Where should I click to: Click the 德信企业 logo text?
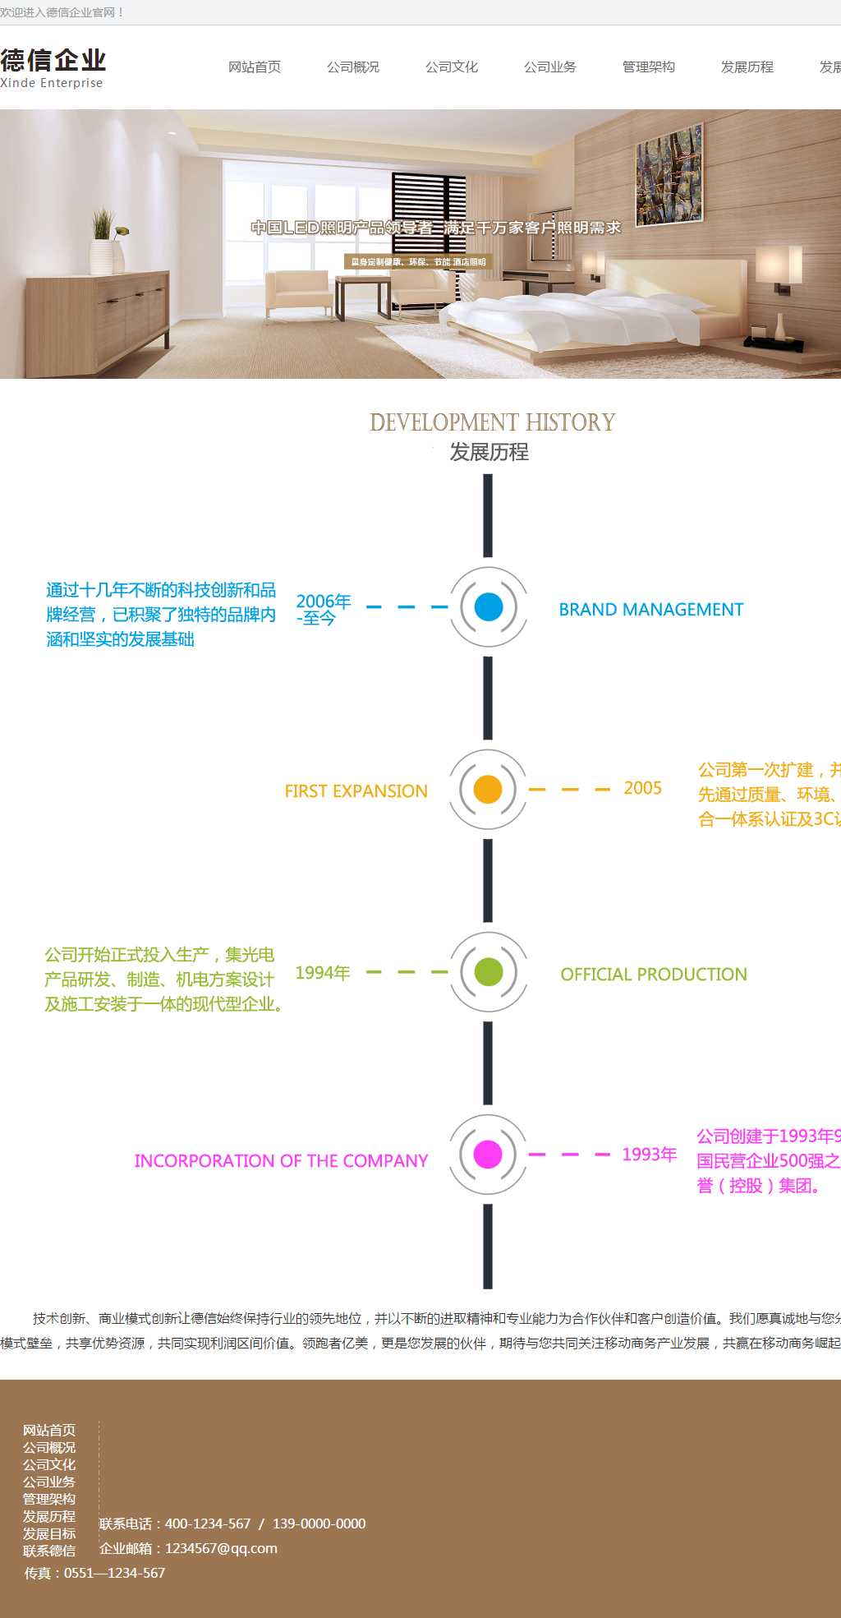pyautogui.click(x=53, y=60)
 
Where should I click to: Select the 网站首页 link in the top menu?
pyautogui.click(x=255, y=67)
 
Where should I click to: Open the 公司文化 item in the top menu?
pyautogui.click(x=452, y=67)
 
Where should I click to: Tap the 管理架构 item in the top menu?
pyautogui.click(x=649, y=67)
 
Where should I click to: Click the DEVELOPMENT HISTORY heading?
pyautogui.click(x=492, y=422)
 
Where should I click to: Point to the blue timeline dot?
pyautogui.click(x=488, y=607)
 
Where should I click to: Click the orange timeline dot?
pyautogui.click(x=488, y=790)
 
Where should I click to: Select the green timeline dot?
pyautogui.click(x=488, y=972)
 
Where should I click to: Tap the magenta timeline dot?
pyautogui.click(x=488, y=1155)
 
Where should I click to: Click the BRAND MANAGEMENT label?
pyautogui.click(x=651, y=610)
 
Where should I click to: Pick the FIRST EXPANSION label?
pyautogui.click(x=356, y=791)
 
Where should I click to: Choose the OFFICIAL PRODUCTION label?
pyautogui.click(x=654, y=975)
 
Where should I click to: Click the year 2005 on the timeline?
pyautogui.click(x=642, y=788)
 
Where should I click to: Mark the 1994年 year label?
pyautogui.click(x=323, y=973)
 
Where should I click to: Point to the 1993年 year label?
pyautogui.click(x=649, y=1155)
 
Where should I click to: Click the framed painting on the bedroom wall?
pyautogui.click(x=669, y=174)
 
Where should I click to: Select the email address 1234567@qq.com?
pyautogui.click(x=221, y=1548)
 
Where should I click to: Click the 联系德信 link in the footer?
pyautogui.click(x=49, y=1551)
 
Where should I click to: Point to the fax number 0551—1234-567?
pyautogui.click(x=114, y=1573)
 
